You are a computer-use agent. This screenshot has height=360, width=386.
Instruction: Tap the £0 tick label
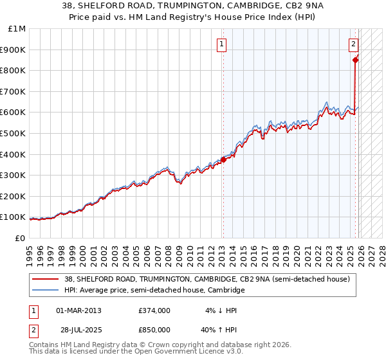coord(21,238)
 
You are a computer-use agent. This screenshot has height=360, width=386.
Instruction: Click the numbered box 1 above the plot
coord(221,44)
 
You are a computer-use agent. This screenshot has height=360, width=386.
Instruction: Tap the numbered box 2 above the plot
coord(354,44)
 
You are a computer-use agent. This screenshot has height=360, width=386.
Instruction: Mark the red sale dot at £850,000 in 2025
coord(355,60)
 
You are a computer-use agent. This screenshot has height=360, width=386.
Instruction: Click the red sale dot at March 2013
coord(223,159)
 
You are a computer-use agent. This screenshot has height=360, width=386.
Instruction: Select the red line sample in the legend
coord(46,279)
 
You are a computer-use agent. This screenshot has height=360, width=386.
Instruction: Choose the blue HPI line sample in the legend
coord(46,290)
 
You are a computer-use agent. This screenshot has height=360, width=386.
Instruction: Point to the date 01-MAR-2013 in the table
coord(78,310)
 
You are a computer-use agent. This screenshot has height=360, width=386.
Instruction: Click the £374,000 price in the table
coord(154,310)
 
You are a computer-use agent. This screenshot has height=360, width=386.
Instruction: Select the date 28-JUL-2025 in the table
coord(78,329)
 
